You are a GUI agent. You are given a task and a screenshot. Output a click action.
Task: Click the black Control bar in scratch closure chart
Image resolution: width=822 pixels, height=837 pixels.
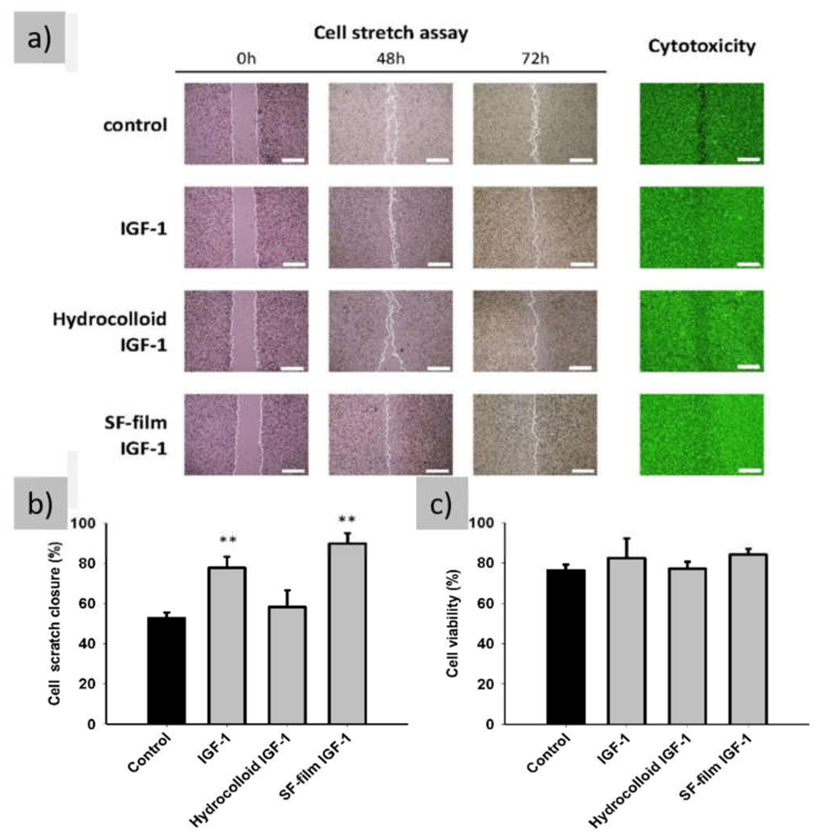pyautogui.click(x=166, y=670)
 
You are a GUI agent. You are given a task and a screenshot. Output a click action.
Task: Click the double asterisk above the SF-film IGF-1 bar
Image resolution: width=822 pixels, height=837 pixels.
pyautogui.click(x=347, y=519)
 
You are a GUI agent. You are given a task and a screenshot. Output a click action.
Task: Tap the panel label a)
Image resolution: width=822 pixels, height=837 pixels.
pyautogui.click(x=39, y=39)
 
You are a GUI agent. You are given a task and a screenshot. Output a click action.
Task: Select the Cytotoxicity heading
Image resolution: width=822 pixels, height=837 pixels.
pyautogui.click(x=701, y=46)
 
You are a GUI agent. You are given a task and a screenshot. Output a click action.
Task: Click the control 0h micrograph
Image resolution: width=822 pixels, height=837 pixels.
pyautogui.click(x=246, y=124)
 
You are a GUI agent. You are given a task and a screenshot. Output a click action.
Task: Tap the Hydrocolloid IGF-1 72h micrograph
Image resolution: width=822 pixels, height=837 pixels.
pyautogui.click(x=535, y=331)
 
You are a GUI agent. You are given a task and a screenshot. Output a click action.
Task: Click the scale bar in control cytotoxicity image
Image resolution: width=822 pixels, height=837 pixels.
pyautogui.click(x=749, y=159)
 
